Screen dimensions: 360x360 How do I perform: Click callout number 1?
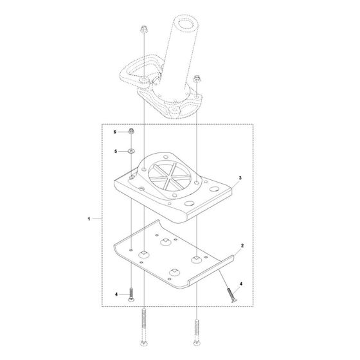coord(88,219)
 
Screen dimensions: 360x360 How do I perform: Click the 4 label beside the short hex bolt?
coord(117,294)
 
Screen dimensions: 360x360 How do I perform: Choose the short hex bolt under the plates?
coord(130,294)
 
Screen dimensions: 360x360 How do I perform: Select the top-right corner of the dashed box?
coord(254,124)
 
